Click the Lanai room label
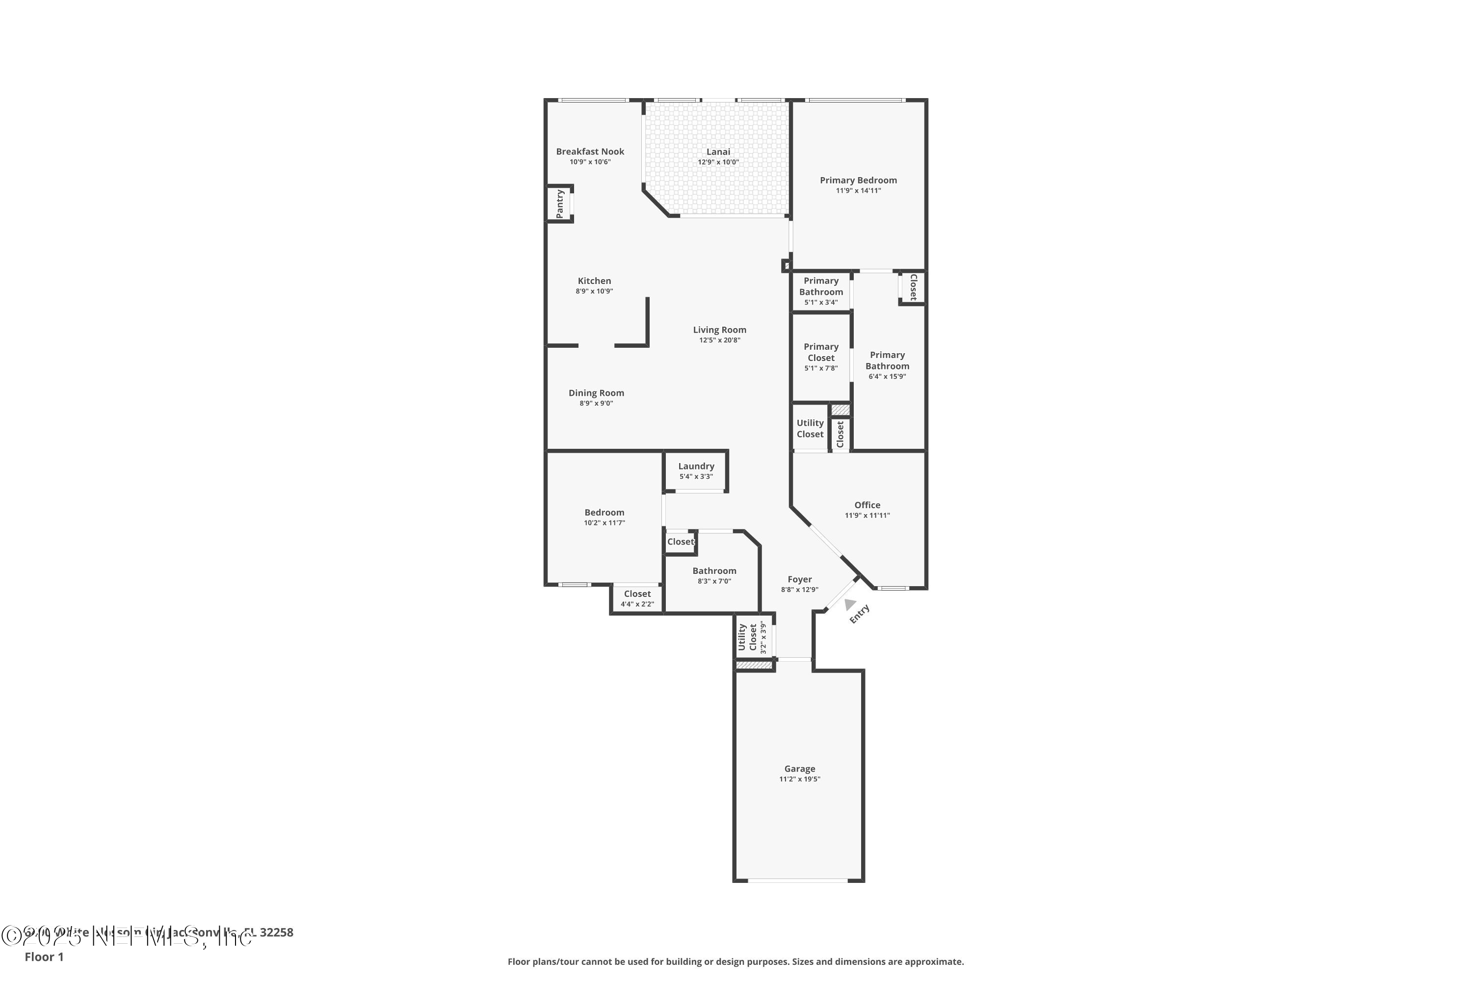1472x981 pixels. [x=718, y=152]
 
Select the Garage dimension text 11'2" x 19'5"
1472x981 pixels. [x=799, y=779]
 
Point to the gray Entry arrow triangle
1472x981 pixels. [x=849, y=604]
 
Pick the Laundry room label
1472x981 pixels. [x=696, y=466]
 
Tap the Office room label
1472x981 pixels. [x=867, y=505]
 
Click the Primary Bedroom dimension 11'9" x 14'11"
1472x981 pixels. [x=858, y=191]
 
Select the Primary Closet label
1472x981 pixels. [x=820, y=352]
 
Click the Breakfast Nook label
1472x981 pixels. [x=590, y=152]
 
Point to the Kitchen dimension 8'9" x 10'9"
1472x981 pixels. [x=594, y=291]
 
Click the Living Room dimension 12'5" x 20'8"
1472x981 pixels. [x=719, y=340]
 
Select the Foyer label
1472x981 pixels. [x=799, y=579]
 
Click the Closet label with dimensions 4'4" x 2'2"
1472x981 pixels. [x=637, y=594]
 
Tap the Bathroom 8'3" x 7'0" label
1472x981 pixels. [x=714, y=570]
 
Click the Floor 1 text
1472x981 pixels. [x=44, y=956]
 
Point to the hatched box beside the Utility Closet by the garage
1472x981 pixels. [x=755, y=665]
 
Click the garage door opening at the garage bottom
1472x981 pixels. [x=798, y=880]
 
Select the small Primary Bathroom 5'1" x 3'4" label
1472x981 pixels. [x=820, y=286]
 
